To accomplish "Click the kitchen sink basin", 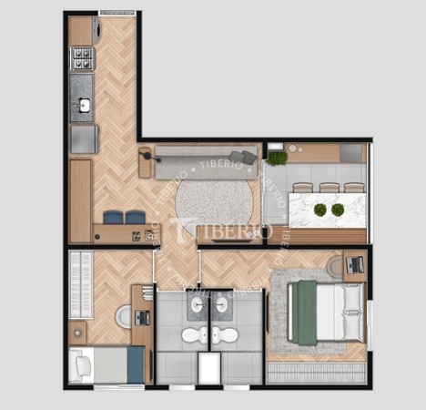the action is (x=84, y=105).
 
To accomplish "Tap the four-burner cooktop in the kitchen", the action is (x=82, y=58).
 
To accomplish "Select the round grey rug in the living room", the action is (x=214, y=206).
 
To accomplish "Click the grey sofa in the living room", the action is (x=206, y=163).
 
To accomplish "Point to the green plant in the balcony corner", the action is (x=277, y=159).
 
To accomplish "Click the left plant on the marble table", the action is (x=320, y=210).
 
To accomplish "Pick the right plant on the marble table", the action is (x=338, y=210).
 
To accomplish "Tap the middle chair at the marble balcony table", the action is (x=330, y=188).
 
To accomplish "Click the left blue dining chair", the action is (x=113, y=218).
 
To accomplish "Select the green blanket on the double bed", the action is (x=305, y=313).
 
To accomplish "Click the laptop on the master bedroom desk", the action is (x=355, y=264).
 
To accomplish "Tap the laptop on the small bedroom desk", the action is (x=142, y=318).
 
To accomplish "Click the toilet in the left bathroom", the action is (x=195, y=334).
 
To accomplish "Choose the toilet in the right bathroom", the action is (x=225, y=334).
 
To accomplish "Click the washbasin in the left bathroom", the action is (x=198, y=304).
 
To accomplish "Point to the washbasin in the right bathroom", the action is (x=221, y=304).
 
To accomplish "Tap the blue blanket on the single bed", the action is (x=136, y=364).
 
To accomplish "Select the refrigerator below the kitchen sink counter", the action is (x=85, y=139).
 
